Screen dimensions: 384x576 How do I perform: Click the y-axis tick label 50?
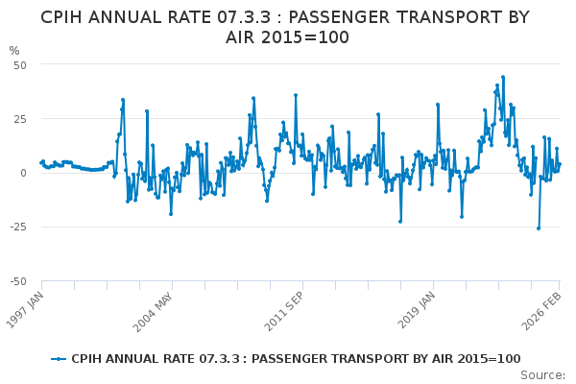click(x=19, y=64)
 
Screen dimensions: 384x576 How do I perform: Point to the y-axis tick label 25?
click(x=19, y=119)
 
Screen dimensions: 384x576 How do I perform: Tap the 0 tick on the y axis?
click(x=23, y=173)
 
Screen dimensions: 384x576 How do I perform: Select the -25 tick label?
click(x=17, y=228)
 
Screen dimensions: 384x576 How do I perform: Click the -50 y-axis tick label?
click(x=17, y=281)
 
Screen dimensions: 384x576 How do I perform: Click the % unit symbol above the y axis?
click(x=14, y=51)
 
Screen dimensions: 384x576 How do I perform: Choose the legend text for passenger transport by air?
click(x=296, y=358)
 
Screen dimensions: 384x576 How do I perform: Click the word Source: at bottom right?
click(x=543, y=374)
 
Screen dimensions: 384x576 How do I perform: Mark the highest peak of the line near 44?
click(x=502, y=77)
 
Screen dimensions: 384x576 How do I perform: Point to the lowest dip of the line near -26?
click(x=538, y=228)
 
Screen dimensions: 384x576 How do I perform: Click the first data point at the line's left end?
click(x=40, y=162)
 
